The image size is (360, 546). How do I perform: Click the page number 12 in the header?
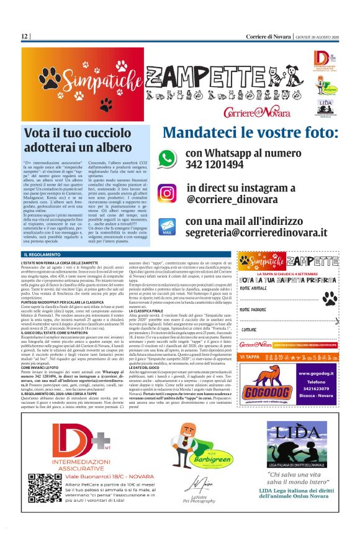24,37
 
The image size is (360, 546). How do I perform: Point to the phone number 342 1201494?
214,165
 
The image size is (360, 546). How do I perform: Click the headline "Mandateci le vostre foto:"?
250,134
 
